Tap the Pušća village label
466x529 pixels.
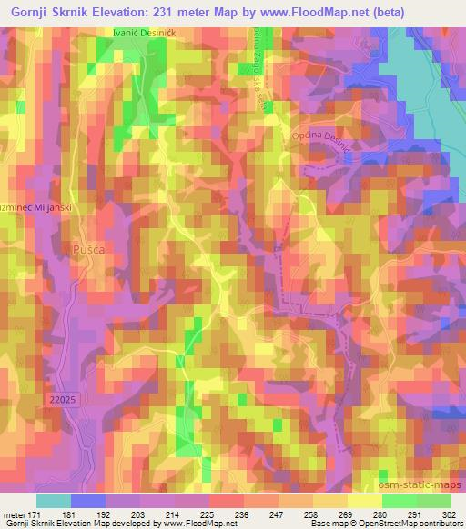pyautogui.click(x=84, y=246)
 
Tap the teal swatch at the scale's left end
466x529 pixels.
pyautogui.click(x=53, y=501)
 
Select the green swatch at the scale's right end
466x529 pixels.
pyautogui.click(x=433, y=501)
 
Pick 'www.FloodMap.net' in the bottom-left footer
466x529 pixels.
pyautogui.click(x=192, y=524)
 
